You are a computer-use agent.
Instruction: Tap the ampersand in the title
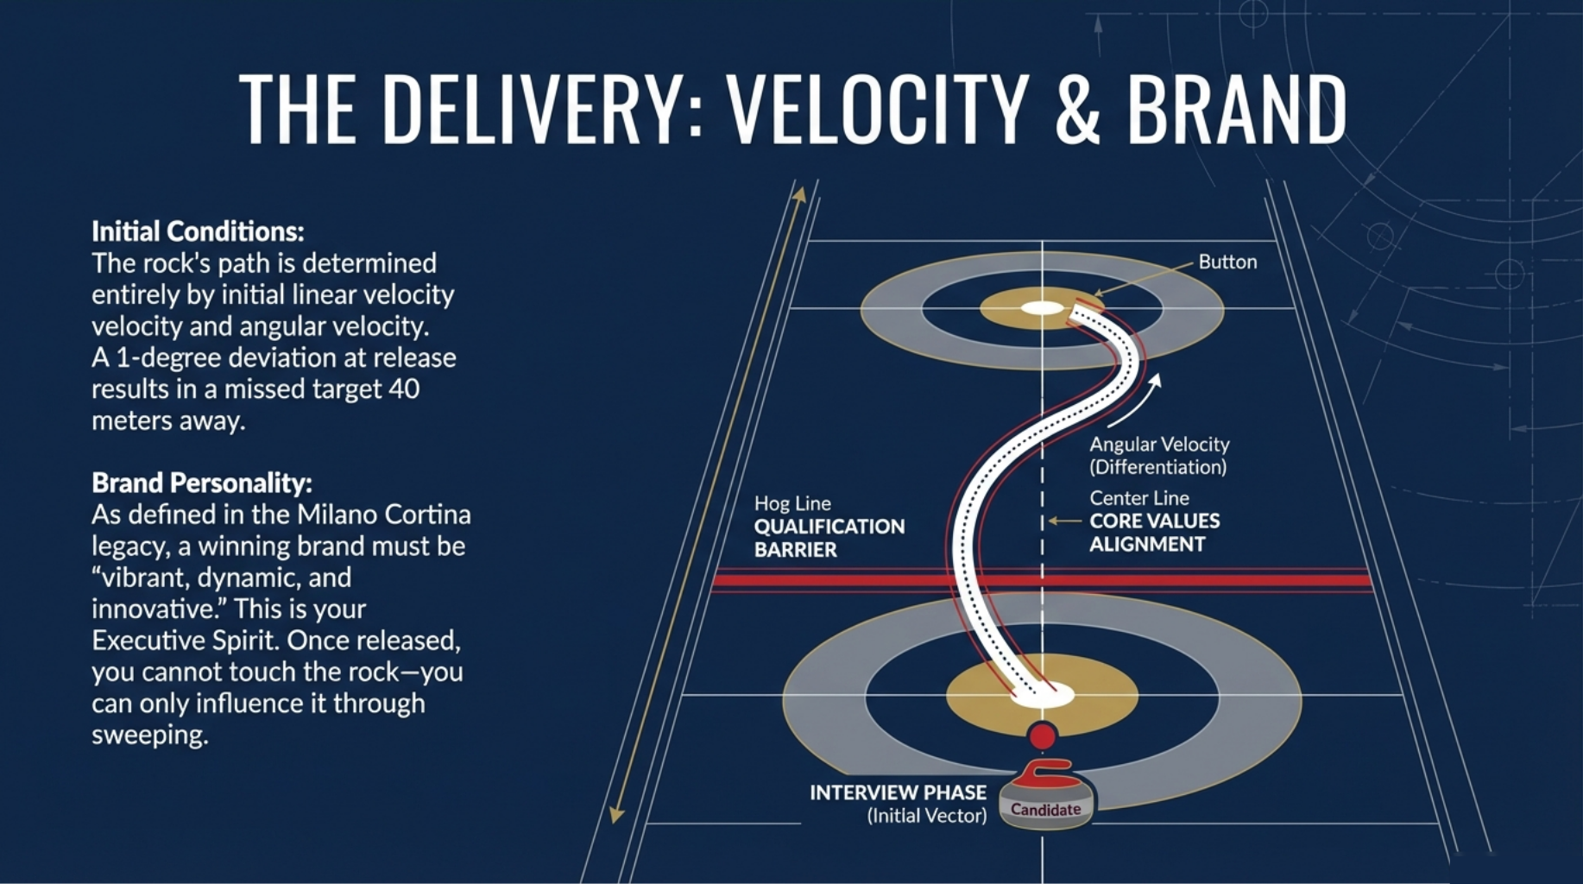pos(1078,110)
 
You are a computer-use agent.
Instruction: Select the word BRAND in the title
pos(1236,110)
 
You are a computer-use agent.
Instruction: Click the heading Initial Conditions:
pos(198,231)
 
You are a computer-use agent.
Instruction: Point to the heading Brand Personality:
pos(202,483)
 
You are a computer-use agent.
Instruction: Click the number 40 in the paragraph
pos(403,389)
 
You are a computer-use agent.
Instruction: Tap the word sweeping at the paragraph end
pos(150,736)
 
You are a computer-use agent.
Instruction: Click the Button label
pos(1227,262)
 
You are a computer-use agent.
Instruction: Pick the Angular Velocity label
pos(1159,445)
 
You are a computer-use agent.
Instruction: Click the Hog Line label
pos(792,503)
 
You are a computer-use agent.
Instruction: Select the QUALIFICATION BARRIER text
pos(829,538)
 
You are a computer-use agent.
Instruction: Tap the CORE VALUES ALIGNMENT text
pos(1154,533)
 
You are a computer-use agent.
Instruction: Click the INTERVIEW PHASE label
pos(898,792)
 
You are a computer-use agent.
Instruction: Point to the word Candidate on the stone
pos(1045,810)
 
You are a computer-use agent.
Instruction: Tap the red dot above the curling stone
pos(1043,736)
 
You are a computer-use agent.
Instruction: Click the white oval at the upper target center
pos(1042,308)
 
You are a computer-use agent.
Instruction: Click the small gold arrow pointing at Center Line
pos(1065,521)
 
